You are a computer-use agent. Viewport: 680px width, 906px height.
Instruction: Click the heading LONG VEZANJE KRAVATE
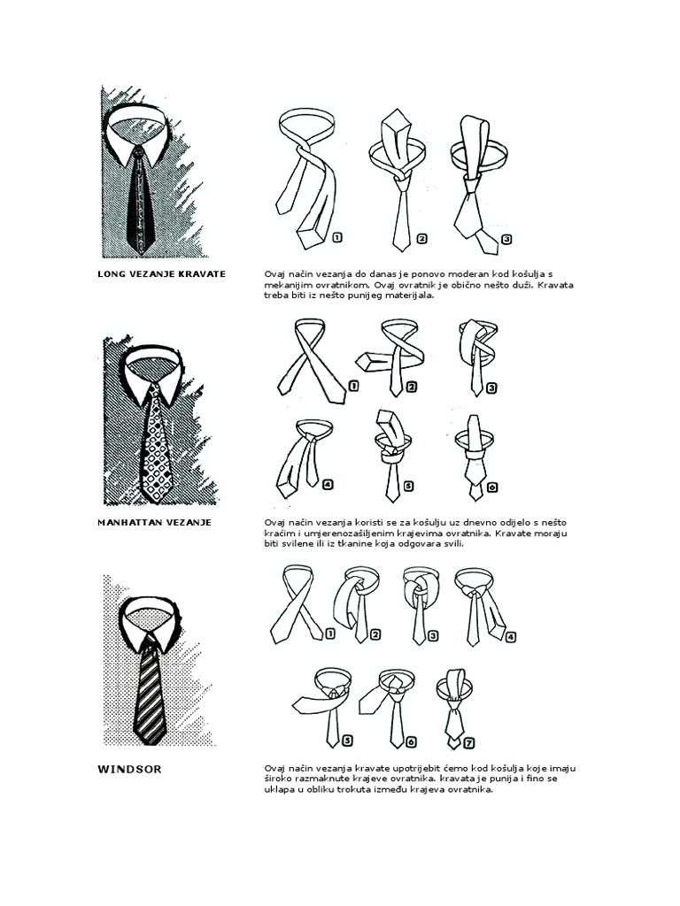click(161, 274)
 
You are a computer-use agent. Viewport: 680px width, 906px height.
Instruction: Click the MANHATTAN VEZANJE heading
click(154, 522)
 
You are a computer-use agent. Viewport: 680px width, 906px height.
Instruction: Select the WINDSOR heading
click(129, 770)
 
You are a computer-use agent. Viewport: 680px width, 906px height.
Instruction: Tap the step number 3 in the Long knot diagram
click(507, 239)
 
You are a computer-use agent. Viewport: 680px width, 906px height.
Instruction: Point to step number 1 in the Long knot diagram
click(337, 237)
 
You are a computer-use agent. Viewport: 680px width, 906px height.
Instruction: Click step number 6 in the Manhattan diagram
click(492, 488)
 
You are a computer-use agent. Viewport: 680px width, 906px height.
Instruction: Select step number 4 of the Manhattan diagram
click(328, 486)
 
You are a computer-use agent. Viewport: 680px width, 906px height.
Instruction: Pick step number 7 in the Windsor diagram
click(469, 743)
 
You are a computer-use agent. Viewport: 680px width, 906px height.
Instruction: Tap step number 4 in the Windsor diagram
click(511, 637)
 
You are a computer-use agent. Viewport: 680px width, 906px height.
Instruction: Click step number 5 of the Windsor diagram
click(347, 741)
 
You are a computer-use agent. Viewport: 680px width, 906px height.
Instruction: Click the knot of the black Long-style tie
click(138, 152)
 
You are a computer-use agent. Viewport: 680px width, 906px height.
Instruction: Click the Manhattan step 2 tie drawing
click(390, 357)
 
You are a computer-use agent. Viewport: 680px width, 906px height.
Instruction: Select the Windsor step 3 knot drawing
click(421, 604)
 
